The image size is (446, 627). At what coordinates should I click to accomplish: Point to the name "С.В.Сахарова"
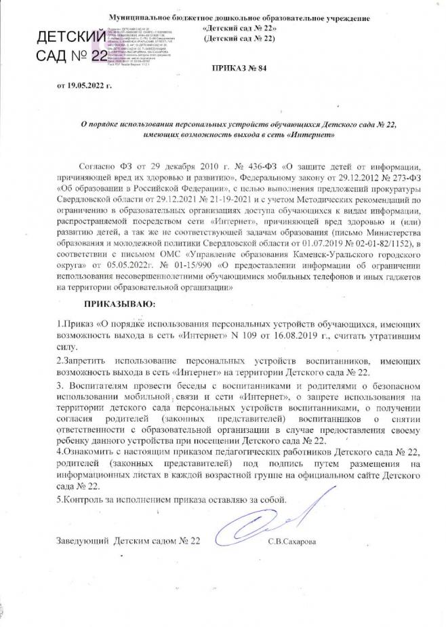click(x=292, y=541)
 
